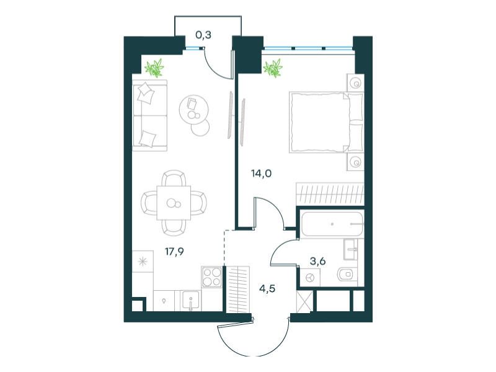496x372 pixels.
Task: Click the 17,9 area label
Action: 174,252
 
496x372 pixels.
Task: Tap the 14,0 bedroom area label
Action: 261,174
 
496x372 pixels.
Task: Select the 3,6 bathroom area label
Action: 317,261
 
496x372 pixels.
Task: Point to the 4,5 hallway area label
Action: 267,288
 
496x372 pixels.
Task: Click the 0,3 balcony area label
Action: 203,35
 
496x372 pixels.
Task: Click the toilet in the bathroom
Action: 347,274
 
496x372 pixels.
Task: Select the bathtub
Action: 332,224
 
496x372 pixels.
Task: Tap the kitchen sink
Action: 190,301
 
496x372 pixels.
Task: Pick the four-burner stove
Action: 211,277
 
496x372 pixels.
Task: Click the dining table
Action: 174,203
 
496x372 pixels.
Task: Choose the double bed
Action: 326,122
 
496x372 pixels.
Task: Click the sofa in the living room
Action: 149,115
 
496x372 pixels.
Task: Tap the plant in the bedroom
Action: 273,68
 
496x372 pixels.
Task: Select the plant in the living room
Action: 154,68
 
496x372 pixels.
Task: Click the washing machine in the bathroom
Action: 310,278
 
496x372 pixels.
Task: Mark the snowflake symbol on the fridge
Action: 143,262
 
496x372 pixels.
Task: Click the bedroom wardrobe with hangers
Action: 330,193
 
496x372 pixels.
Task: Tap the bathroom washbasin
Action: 351,249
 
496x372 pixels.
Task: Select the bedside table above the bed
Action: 355,83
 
